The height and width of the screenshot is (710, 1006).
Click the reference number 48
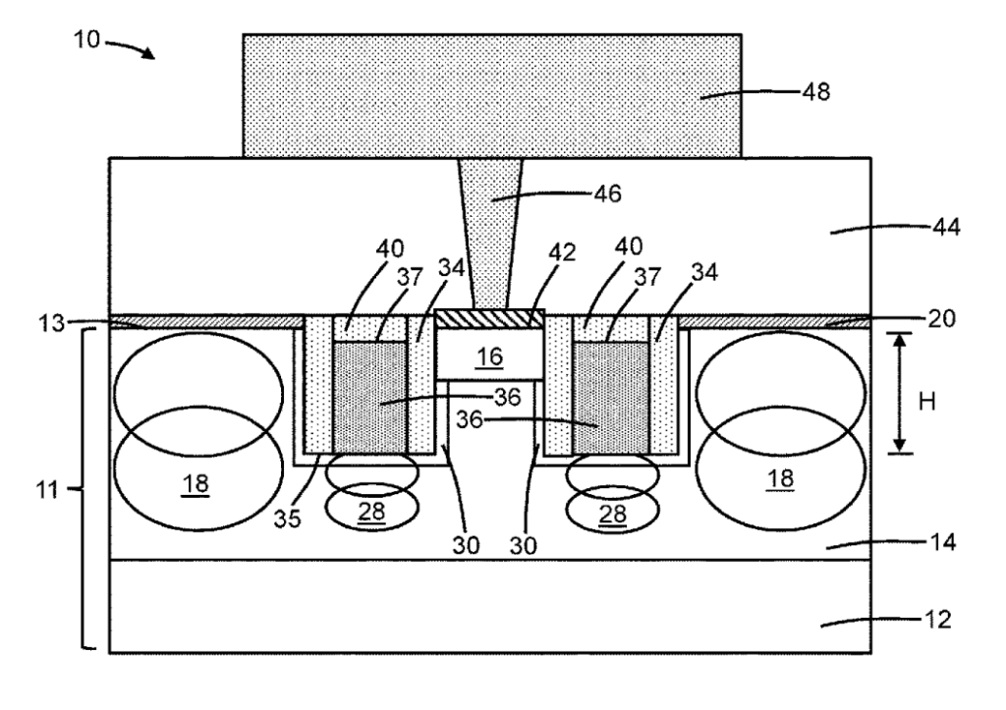point(816,91)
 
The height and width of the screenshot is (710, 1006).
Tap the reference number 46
point(607,193)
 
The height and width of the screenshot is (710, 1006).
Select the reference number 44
point(946,227)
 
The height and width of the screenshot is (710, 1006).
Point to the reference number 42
point(562,252)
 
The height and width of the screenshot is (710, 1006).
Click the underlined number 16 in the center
point(489,356)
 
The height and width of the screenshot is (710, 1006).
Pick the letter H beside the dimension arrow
point(927,403)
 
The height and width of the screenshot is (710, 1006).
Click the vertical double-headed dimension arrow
point(900,393)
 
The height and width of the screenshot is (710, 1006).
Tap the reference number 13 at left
point(51,323)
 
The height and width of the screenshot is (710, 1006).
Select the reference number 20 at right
point(941,318)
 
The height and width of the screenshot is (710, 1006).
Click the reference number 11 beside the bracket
point(47,491)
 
